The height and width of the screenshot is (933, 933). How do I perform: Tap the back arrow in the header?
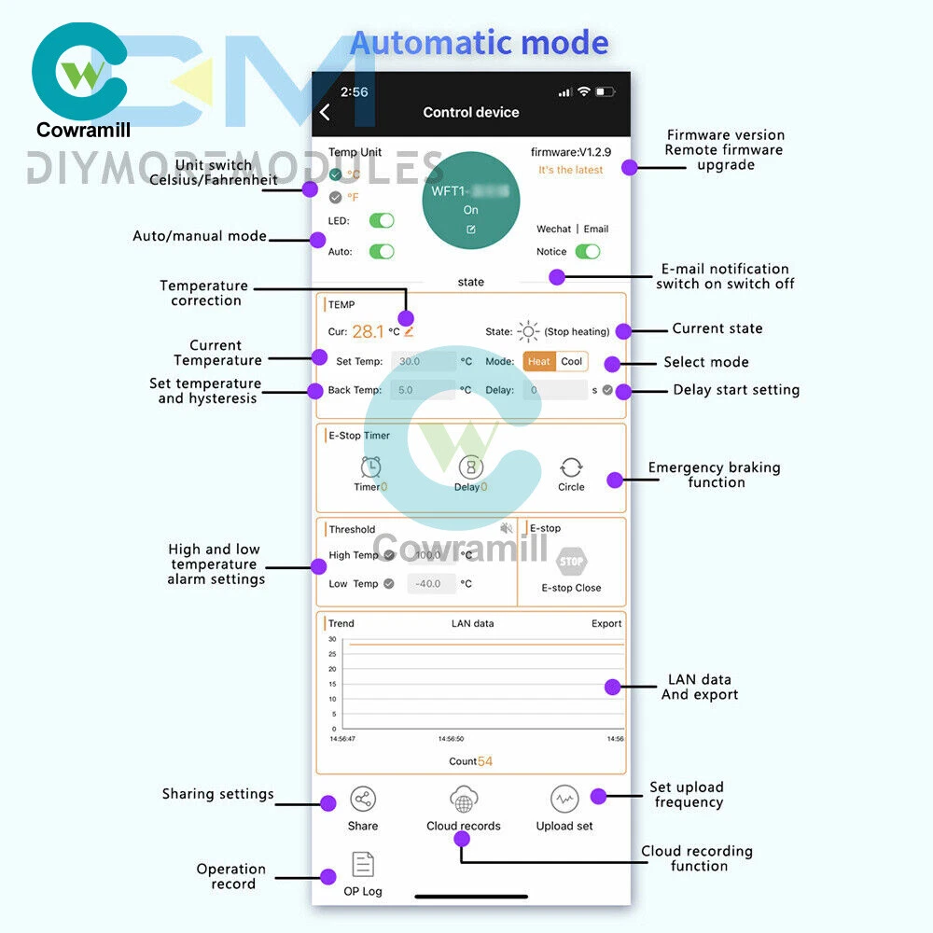325,113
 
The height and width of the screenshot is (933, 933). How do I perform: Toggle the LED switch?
382,221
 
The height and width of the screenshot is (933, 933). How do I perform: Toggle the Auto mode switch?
382,252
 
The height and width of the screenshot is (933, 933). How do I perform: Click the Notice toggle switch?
587,252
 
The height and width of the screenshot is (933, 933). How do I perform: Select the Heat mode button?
539,362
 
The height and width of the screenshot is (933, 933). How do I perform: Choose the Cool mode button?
572,362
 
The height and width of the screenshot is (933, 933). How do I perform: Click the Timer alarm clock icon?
371,466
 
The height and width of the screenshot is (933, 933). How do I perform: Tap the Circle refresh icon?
571,467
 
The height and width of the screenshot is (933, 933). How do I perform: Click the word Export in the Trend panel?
606,623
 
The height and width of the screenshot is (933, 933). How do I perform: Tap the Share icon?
363,800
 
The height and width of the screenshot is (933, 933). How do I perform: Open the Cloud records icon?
464,800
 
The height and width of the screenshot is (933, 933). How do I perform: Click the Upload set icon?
564,800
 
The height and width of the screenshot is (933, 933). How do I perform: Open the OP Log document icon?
363,865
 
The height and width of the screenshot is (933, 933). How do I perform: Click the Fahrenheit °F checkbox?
336,197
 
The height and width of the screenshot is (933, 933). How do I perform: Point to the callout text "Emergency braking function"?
715,475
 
